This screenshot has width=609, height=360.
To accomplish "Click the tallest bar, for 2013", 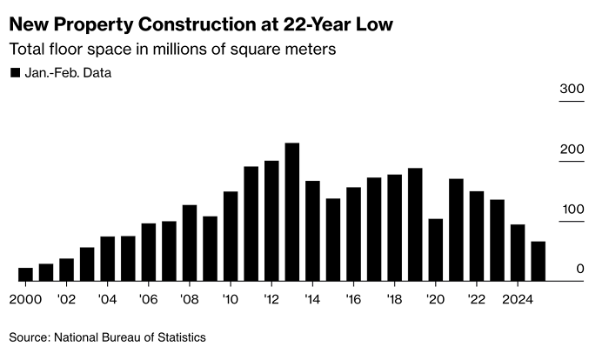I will click(x=292, y=212).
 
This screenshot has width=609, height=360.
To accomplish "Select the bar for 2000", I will click(x=25, y=274).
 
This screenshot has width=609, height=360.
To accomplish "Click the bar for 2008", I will click(x=190, y=243).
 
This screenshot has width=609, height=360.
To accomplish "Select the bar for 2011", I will click(x=251, y=223).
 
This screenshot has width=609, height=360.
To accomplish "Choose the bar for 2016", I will click(x=354, y=234).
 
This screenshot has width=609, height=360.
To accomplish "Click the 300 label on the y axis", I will click(x=572, y=90).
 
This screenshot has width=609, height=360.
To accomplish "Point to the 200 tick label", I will click(x=572, y=150).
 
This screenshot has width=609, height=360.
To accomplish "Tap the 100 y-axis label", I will click(x=572, y=210).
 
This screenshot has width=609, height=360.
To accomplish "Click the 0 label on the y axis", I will click(x=579, y=270).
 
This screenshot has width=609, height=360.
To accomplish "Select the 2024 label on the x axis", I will click(x=518, y=298).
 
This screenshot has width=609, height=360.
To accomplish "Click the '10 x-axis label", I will click(x=231, y=298).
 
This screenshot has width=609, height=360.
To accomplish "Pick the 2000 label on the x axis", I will click(x=25, y=298).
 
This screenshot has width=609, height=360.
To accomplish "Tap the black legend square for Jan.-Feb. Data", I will click(x=14, y=73).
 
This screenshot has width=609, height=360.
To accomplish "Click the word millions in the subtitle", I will click(x=177, y=50).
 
